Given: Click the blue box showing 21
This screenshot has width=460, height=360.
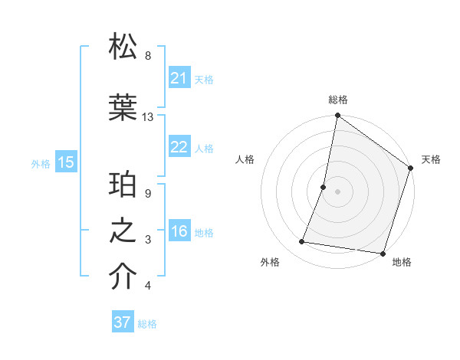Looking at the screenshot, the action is [x=179, y=78].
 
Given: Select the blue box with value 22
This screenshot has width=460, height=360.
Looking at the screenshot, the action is [x=179, y=147].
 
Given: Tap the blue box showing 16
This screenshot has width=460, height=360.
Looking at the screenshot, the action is [x=179, y=231].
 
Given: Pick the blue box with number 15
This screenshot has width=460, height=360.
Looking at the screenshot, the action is [x=66, y=162].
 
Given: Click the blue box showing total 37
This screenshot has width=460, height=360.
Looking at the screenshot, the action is [x=123, y=322].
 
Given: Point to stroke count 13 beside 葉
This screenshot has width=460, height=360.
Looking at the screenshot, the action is [x=148, y=117].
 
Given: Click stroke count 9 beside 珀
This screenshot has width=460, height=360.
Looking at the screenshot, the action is [x=148, y=194].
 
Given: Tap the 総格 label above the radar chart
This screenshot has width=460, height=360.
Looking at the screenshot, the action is [x=338, y=100].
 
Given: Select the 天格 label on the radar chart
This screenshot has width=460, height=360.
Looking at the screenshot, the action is [x=431, y=159].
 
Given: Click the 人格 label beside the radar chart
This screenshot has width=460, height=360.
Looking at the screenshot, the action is [x=245, y=159].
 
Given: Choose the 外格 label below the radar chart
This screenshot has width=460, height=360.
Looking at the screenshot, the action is [x=270, y=262].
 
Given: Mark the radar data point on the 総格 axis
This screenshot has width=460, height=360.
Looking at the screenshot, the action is [x=337, y=116].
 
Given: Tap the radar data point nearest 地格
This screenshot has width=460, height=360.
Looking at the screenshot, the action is [x=383, y=254].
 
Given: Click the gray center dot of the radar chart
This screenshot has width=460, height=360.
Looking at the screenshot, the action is [x=337, y=191].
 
